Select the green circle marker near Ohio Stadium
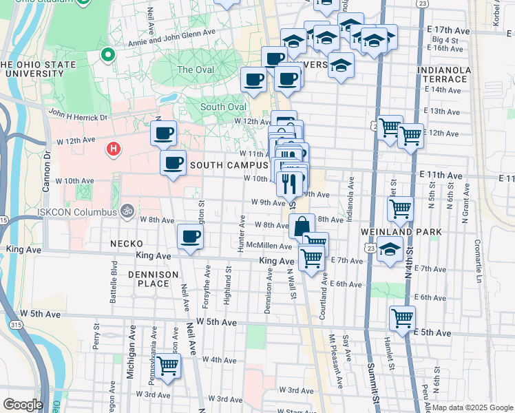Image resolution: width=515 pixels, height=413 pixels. click(107, 54)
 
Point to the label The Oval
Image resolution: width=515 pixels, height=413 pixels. click(195, 70)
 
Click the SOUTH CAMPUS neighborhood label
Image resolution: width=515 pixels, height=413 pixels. click(229, 165)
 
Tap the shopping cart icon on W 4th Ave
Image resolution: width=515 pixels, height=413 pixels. click(167, 366)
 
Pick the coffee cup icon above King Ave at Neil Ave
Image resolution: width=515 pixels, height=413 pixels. click(190, 236)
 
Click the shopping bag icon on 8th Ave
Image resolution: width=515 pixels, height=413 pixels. click(302, 225)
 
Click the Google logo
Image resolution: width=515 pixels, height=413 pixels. click(23, 405)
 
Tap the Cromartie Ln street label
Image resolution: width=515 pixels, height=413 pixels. click(476, 253)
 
